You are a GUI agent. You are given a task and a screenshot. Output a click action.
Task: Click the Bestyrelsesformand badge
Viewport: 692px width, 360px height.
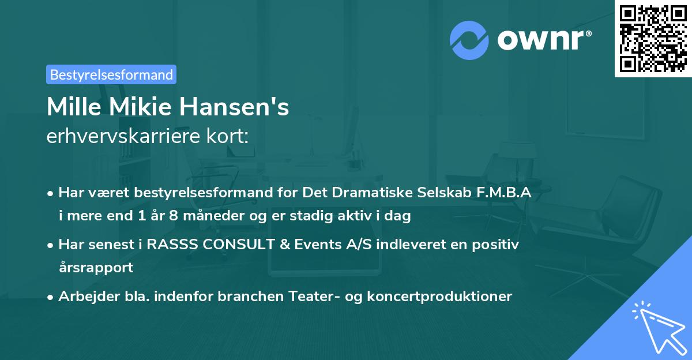tap(111, 74)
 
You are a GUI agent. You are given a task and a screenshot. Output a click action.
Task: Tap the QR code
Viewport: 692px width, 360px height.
tap(652, 38)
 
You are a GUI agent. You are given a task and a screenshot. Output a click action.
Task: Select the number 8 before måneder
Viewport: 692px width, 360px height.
tap(172, 216)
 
